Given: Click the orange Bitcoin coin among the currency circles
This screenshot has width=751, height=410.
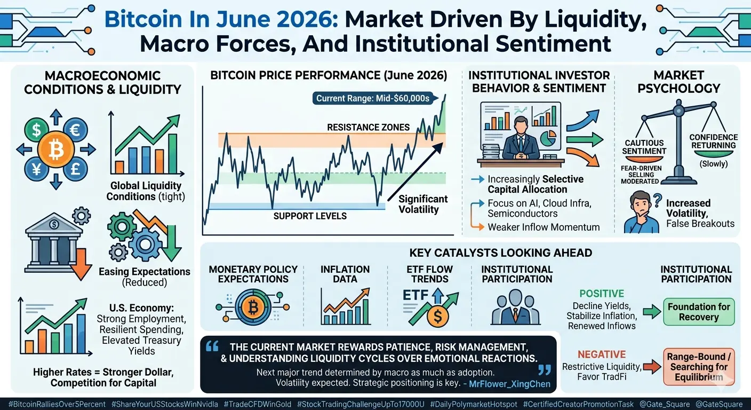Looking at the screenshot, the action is click(55, 149).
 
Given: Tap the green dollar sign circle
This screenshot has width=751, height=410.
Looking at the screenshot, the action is click(36, 130).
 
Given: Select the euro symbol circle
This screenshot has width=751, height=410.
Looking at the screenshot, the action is click(75, 130).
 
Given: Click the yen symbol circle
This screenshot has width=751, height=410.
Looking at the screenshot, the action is click(36, 169).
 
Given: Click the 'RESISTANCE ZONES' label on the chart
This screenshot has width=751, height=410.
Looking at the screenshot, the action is click(368, 128).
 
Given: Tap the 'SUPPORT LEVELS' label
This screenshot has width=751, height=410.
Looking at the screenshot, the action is click(310, 216).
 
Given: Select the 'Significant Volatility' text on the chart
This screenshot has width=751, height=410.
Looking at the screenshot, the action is click(423, 204).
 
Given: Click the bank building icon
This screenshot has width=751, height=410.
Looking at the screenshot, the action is click(54, 242).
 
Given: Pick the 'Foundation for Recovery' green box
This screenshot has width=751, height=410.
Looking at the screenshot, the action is click(699, 312).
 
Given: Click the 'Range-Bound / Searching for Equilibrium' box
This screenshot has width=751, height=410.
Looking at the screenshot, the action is click(699, 367).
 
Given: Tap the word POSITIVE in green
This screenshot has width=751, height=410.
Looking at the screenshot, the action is click(602, 294).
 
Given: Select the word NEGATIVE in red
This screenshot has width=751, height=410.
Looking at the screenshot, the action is click(602, 354).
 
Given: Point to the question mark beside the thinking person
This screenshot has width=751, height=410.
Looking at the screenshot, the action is click(658, 200).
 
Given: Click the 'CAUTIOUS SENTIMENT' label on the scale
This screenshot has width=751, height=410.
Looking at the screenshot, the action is click(644, 147).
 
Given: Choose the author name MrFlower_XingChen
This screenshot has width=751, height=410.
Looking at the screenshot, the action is click(509, 384).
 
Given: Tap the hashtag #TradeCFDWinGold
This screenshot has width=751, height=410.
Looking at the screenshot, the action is click(258, 404).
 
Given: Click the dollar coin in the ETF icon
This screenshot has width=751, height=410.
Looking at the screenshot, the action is click(437, 316).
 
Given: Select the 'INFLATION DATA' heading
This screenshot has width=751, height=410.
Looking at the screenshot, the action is click(345, 274).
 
